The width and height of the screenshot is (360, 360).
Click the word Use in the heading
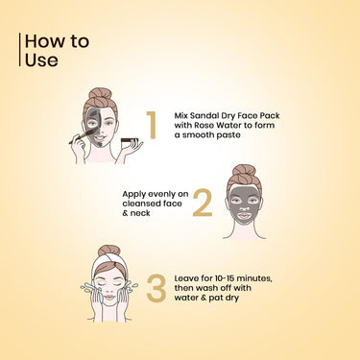click(41, 60)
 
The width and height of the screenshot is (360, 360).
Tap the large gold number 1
click(152, 125)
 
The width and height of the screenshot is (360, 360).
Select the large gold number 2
click(203, 203)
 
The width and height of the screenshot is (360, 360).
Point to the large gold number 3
click(156, 288)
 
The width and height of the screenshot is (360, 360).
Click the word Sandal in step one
click(203, 115)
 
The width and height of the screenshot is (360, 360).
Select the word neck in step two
click(140, 213)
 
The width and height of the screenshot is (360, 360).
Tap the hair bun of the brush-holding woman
click(100, 93)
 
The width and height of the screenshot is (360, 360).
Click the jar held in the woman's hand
click(130, 142)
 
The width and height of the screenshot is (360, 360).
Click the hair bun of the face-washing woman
click(109, 251)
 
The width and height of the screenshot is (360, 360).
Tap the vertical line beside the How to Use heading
click(20, 50)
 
